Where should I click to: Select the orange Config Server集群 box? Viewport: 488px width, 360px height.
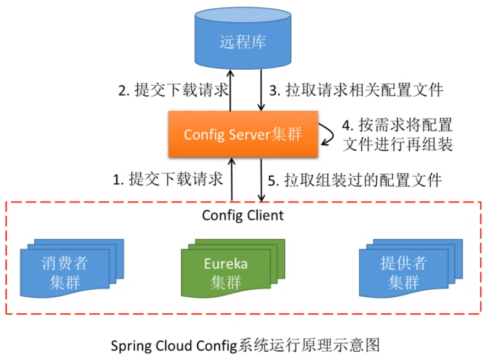coord(243,134)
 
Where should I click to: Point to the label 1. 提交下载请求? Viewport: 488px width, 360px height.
coord(167,179)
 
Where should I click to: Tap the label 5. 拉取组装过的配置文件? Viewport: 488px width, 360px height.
coord(354,179)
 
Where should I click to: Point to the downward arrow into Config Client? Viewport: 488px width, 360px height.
coord(261,180)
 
